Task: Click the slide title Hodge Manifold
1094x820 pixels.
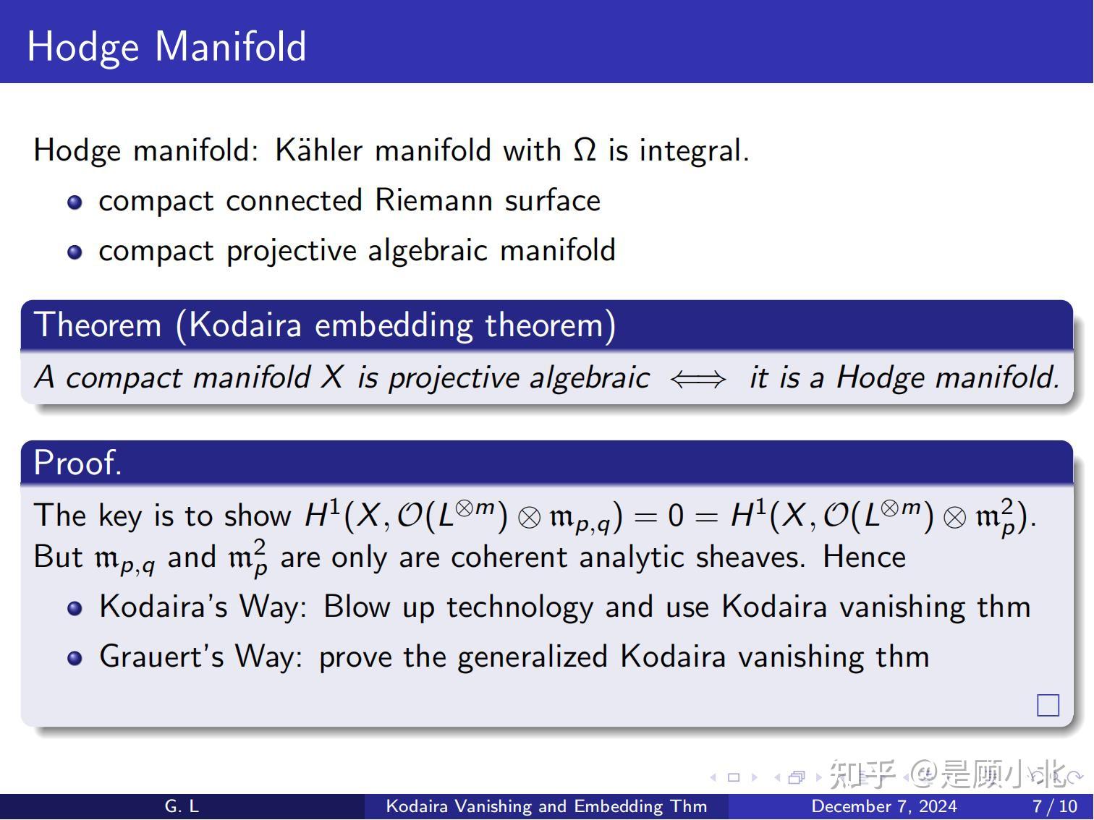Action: pyautogui.click(x=166, y=46)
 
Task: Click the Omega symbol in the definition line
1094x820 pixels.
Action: pyautogui.click(x=585, y=150)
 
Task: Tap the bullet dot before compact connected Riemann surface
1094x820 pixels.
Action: pyautogui.click(x=75, y=202)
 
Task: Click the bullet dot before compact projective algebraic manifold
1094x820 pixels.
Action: pyautogui.click(x=75, y=252)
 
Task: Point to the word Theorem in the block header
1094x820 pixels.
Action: pyautogui.click(x=98, y=325)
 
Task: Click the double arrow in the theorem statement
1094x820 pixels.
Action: pyautogui.click(x=697, y=379)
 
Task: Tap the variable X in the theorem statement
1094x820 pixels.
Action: pyautogui.click(x=332, y=377)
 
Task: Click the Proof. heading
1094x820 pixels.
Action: pyautogui.click(x=77, y=463)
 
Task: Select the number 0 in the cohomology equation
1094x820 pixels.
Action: pyautogui.click(x=675, y=516)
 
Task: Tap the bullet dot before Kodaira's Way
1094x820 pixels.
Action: pyautogui.click(x=75, y=608)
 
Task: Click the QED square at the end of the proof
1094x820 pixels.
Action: pyautogui.click(x=1048, y=705)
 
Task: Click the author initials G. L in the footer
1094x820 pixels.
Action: pyautogui.click(x=182, y=806)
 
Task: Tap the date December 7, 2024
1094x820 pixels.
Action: pyautogui.click(x=883, y=806)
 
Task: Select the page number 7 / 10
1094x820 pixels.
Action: pyautogui.click(x=1054, y=806)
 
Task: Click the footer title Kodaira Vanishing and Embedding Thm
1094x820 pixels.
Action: pyautogui.click(x=546, y=806)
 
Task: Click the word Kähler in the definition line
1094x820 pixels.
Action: pyautogui.click(x=318, y=150)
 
